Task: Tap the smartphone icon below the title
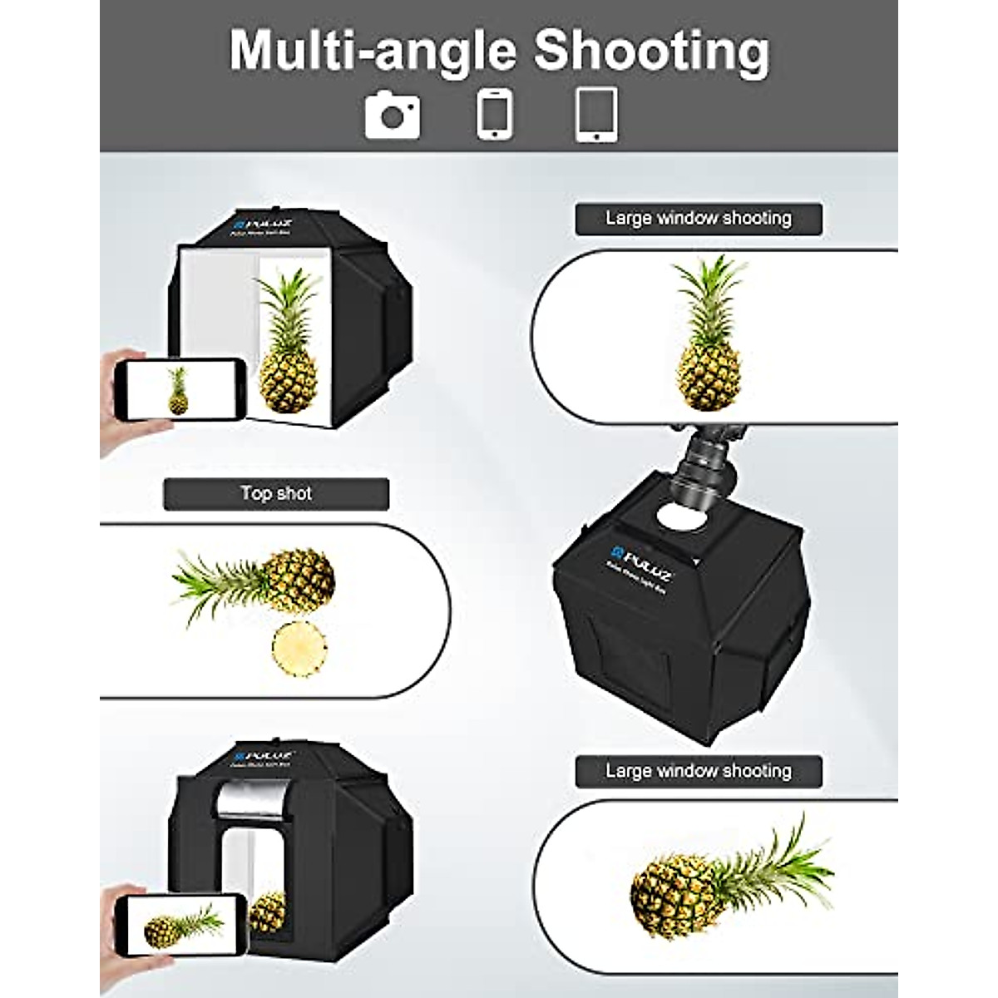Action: tap(495, 114)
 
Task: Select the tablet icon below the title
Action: tap(596, 114)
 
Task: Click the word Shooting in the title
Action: tap(651, 52)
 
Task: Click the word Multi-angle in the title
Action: tap(372, 52)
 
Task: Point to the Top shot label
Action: tap(276, 493)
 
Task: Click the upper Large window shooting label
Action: tap(698, 219)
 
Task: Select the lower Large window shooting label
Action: tap(698, 771)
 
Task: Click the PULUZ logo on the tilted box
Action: tap(640, 554)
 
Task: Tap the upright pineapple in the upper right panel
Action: tap(709, 333)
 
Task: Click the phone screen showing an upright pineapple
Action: tap(177, 390)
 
